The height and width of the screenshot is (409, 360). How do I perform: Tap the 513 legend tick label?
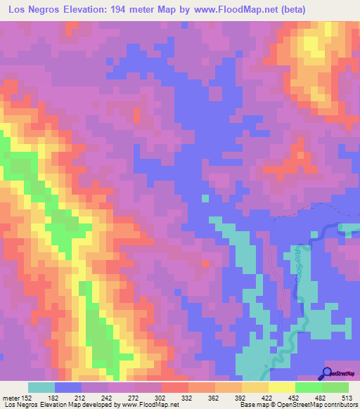click(x=347, y=397)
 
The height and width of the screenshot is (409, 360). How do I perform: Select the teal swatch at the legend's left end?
click(x=41, y=387)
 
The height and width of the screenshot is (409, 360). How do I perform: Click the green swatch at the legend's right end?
click(x=335, y=387)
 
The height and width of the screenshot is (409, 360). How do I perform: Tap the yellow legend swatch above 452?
click(x=282, y=387)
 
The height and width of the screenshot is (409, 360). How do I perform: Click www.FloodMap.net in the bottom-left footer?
click(x=140, y=405)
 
